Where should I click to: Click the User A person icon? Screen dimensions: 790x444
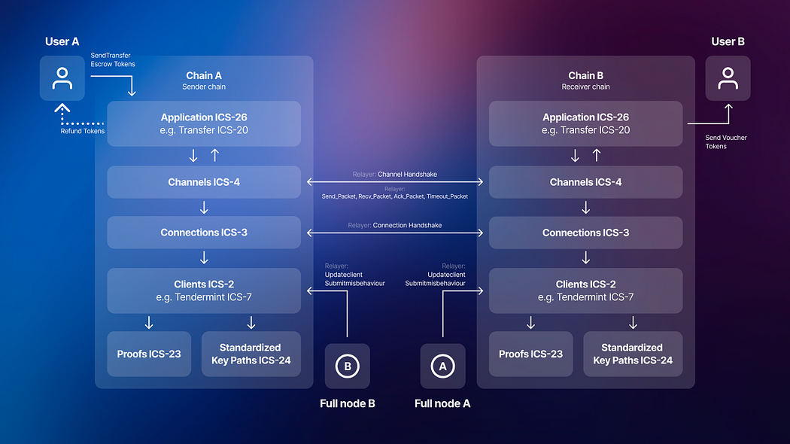point(62,78)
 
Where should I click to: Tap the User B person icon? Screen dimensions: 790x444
point(728,78)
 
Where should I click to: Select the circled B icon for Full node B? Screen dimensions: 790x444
point(347,366)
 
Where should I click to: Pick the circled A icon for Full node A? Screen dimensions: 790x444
point(442,366)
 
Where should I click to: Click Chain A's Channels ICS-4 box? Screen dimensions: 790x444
point(204,182)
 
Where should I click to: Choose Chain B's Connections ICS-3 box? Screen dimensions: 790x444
point(585,233)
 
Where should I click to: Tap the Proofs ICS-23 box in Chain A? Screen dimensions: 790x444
point(149,354)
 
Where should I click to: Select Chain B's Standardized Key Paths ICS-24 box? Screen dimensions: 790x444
point(633,354)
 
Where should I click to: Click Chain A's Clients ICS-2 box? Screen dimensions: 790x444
point(204,290)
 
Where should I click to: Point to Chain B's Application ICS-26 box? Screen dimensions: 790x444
point(585,123)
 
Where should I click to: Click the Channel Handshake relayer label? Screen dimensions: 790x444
point(394,175)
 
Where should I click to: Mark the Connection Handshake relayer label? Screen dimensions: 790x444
point(394,225)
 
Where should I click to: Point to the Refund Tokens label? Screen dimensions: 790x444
point(83,131)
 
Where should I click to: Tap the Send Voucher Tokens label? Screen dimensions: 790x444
point(726,141)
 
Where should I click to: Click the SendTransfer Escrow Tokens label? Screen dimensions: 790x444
point(113,59)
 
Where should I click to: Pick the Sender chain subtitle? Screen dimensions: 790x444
point(204,87)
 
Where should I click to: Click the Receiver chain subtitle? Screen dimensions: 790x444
point(585,87)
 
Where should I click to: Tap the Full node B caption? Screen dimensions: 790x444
point(347,403)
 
